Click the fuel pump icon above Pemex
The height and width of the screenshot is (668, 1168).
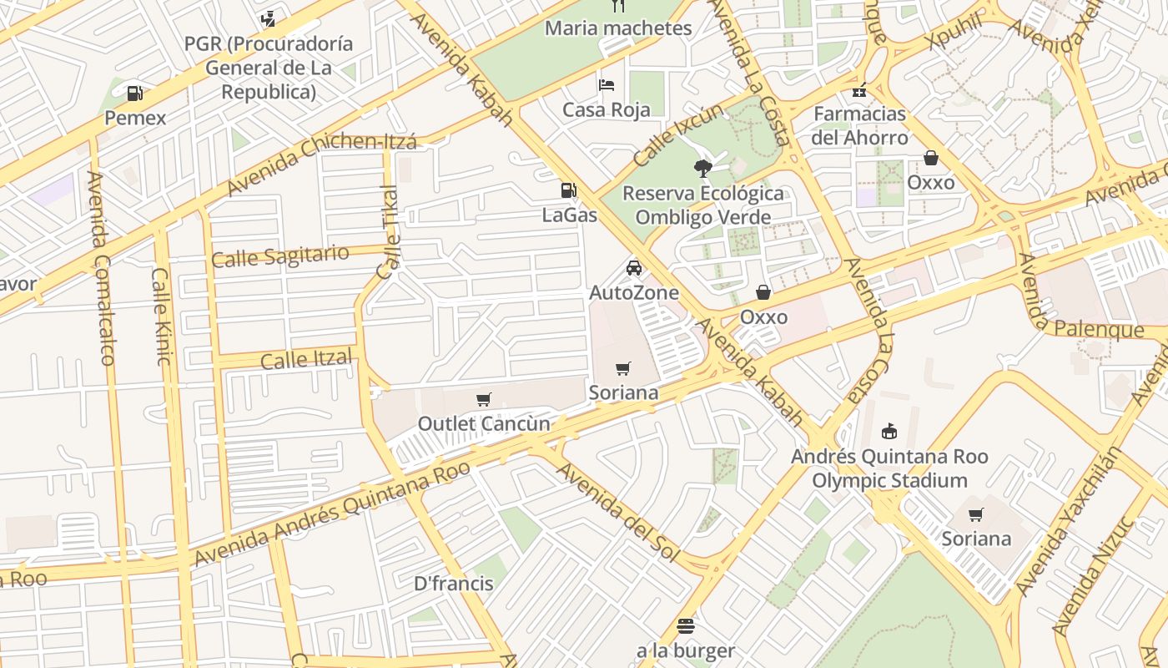(134, 94)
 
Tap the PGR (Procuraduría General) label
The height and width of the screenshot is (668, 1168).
(269, 67)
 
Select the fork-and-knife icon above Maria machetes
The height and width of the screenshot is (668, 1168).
(618, 6)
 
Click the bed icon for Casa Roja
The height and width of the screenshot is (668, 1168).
(607, 85)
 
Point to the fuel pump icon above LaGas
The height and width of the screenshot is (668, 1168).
(569, 190)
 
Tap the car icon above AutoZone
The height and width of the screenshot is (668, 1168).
(634, 268)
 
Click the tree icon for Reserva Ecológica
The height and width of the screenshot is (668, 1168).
(703, 168)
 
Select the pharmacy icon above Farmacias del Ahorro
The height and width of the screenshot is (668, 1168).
(859, 90)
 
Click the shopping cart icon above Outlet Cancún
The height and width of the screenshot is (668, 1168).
(484, 399)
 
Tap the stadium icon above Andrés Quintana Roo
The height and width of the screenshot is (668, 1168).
(889, 432)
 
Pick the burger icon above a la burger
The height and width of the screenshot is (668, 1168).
(686, 626)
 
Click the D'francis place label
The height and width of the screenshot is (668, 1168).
(454, 584)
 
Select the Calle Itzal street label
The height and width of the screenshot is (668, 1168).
(305, 360)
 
